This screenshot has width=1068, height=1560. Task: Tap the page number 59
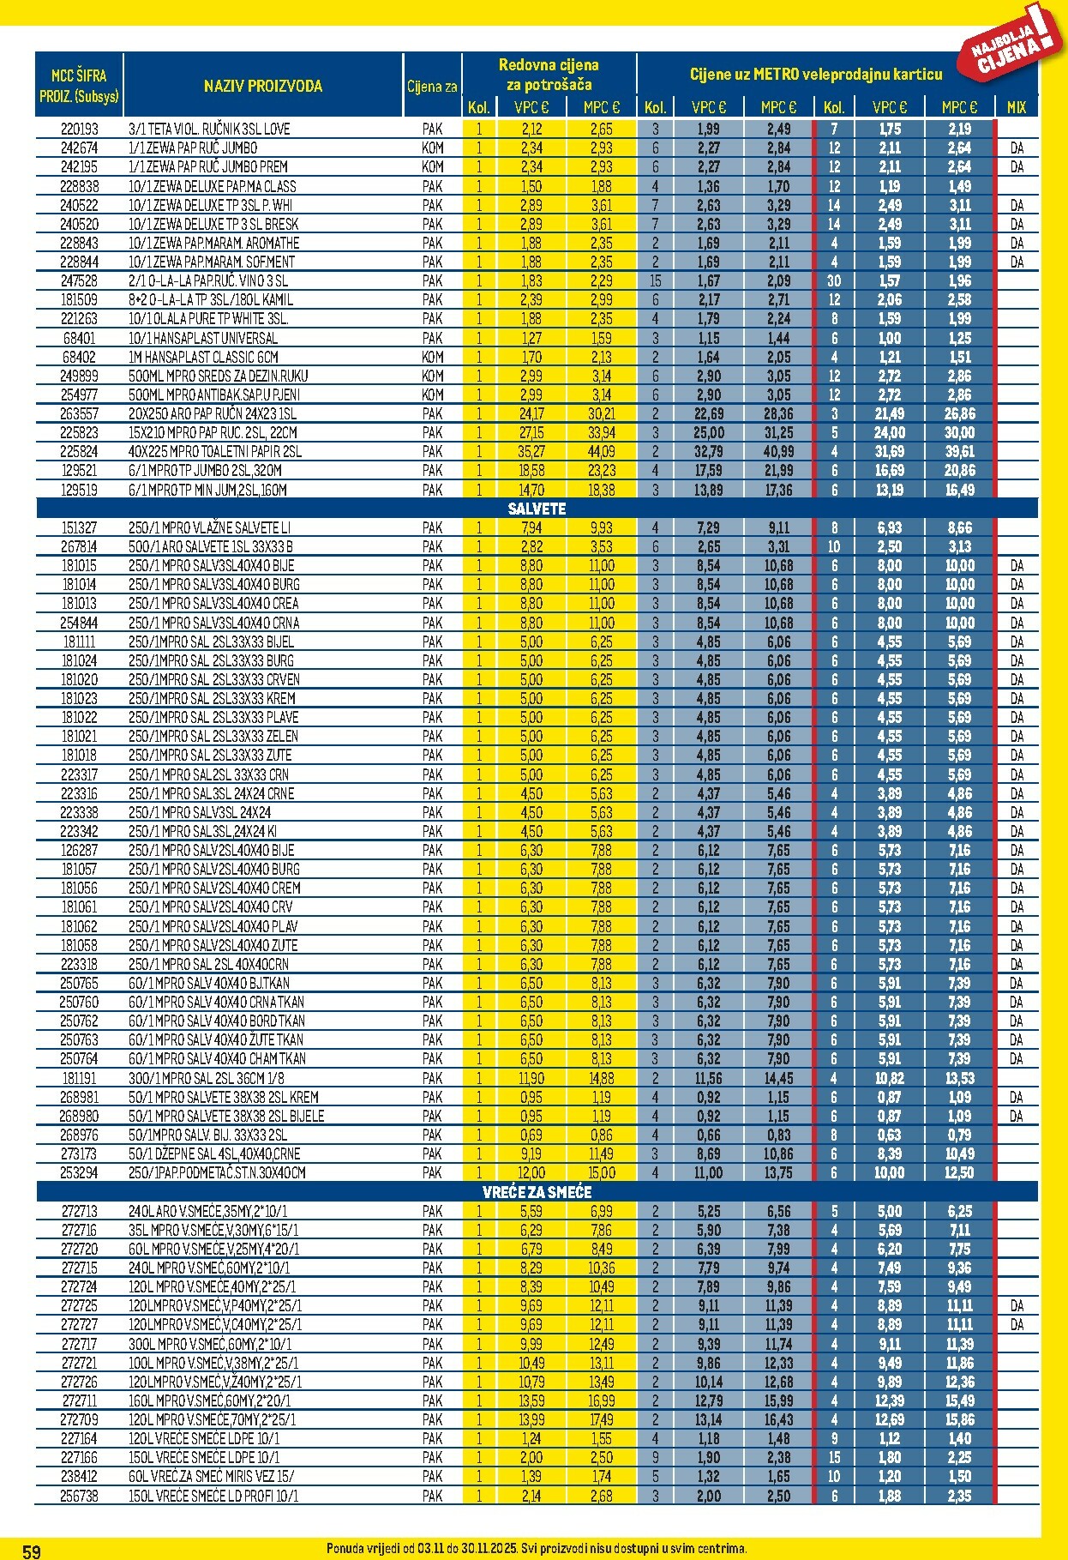(31, 1551)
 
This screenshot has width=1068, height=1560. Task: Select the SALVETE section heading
(537, 509)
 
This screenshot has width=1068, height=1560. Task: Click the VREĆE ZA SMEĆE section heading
(537, 1192)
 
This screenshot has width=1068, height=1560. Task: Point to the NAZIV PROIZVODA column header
(263, 86)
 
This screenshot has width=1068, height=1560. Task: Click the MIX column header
(1017, 107)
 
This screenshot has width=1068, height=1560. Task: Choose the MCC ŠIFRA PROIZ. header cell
(79, 86)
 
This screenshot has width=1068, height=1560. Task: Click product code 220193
(79, 129)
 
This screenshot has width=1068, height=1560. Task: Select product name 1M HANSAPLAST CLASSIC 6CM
(203, 357)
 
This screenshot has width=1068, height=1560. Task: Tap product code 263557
(79, 413)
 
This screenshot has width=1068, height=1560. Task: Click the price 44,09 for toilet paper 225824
(601, 451)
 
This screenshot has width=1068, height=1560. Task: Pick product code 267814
(79, 546)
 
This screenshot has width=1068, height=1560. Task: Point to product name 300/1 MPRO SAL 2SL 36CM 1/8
(207, 1078)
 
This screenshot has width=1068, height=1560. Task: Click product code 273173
(79, 1153)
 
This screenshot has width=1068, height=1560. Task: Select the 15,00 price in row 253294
(601, 1172)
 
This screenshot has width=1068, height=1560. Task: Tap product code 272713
(79, 1211)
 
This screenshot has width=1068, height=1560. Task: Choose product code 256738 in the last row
(79, 1496)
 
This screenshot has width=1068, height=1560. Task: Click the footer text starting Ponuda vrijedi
(537, 1549)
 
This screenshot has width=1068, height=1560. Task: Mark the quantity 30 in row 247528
(834, 280)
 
